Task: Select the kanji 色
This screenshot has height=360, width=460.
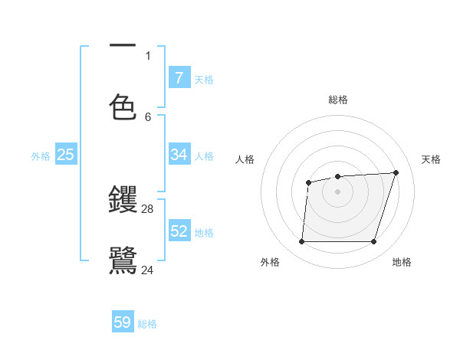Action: [123, 107]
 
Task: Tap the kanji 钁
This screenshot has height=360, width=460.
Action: [123, 199]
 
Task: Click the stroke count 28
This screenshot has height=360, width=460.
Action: [148, 208]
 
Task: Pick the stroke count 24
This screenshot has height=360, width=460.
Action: [148, 269]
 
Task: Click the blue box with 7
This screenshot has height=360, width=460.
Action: [179, 78]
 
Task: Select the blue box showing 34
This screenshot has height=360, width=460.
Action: [179, 155]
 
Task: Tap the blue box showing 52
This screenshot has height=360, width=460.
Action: [179, 231]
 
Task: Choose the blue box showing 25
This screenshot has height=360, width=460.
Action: [66, 155]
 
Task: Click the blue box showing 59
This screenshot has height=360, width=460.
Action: [123, 322]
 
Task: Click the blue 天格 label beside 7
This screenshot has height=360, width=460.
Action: [204, 79]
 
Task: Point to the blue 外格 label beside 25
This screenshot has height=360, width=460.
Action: [41, 155]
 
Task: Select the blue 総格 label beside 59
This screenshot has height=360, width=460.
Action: [147, 324]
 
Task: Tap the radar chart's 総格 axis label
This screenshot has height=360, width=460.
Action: [338, 100]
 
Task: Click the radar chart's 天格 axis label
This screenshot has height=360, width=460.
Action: [431, 159]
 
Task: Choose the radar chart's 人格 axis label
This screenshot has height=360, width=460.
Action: [245, 159]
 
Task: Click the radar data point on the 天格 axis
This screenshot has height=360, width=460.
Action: [396, 172]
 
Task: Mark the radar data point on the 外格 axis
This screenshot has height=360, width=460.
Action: [301, 242]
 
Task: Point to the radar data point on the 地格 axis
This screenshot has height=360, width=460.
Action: [373, 242]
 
